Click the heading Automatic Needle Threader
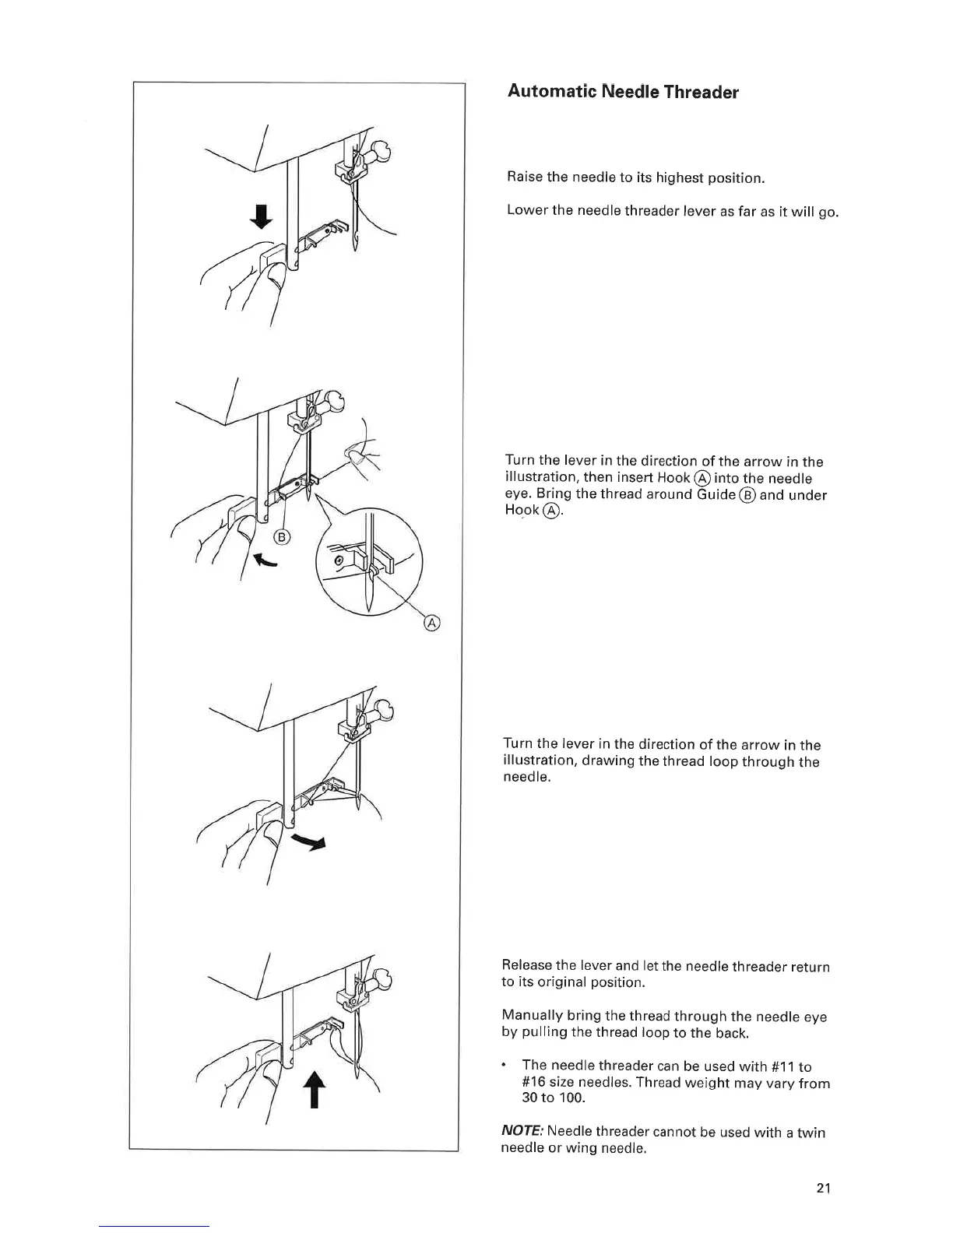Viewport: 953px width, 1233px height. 622,92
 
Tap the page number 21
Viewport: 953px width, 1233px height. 824,1188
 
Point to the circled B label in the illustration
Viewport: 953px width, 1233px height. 282,537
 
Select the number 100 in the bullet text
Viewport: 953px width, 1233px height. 571,1098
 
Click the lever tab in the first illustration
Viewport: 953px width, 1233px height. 269,258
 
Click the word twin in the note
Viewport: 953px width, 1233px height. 811,1132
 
